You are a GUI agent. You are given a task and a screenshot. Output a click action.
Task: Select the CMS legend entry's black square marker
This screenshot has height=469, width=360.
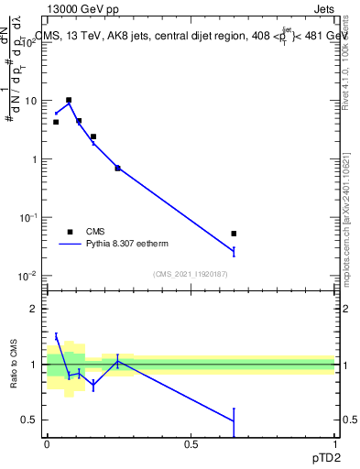click(69, 232)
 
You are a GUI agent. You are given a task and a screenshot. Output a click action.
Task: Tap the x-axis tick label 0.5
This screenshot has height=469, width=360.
click(191, 444)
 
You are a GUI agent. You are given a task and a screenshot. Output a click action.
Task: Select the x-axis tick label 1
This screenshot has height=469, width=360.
click(334, 444)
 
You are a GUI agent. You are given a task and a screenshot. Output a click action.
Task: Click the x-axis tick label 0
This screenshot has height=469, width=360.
click(47, 444)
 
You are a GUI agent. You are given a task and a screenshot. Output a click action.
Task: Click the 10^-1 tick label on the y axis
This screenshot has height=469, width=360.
click(27, 218)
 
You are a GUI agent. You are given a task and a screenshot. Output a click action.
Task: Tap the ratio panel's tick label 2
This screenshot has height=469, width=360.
click(35, 309)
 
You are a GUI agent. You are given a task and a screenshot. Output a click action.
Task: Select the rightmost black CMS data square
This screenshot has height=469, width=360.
click(234, 234)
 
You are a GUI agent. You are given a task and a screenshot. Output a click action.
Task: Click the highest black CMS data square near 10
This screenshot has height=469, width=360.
click(69, 100)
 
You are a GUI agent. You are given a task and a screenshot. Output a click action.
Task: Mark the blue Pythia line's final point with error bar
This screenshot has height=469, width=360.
click(234, 251)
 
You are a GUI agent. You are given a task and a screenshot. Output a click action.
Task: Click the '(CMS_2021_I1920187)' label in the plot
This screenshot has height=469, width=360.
click(191, 274)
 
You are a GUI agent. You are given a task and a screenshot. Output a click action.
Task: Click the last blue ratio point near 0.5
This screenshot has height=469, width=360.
click(234, 420)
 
